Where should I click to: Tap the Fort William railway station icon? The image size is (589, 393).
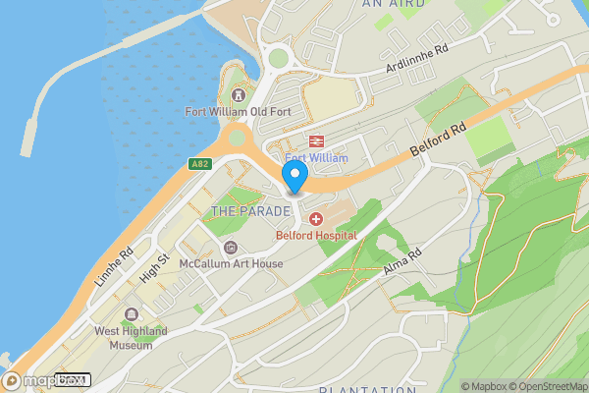pos(317,141)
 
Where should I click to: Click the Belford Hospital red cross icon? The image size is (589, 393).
pos(317,218)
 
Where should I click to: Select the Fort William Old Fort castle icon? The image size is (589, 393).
pos(238,95)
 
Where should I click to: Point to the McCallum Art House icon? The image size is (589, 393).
pos(231,247)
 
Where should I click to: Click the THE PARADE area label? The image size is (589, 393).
pos(251,211)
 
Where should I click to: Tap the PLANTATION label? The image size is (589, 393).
pos(362,389)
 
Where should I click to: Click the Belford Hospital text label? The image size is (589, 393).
pos(316,236)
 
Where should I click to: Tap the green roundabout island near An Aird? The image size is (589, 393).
pos(280,58)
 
